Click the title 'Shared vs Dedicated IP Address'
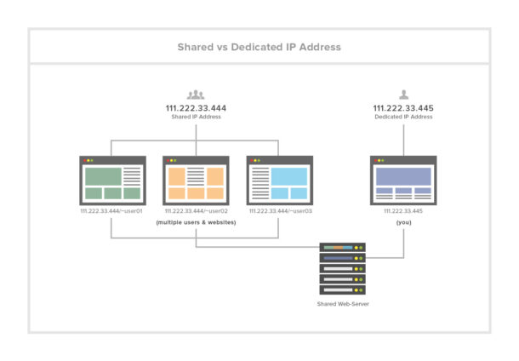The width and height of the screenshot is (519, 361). pyautogui.click(x=259, y=47)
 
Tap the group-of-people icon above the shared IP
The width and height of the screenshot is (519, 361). pyautogui.click(x=196, y=95)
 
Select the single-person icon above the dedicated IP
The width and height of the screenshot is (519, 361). pyautogui.click(x=403, y=95)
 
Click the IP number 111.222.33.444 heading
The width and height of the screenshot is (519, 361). pyautogui.click(x=196, y=108)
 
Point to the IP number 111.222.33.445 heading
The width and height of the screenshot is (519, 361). pyautogui.click(x=403, y=108)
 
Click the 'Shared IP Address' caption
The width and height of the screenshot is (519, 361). pyautogui.click(x=196, y=117)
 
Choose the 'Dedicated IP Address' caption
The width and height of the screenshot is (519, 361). pyautogui.click(x=403, y=117)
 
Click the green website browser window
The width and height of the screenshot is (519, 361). pyautogui.click(x=112, y=180)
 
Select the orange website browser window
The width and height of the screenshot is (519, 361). pyautogui.click(x=196, y=180)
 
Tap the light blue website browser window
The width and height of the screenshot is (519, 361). pyautogui.click(x=279, y=180)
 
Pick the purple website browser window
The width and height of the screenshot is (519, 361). pyautogui.click(x=403, y=180)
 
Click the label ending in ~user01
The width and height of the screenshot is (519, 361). pyautogui.click(x=112, y=210)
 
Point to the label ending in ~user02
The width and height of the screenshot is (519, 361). pyautogui.click(x=196, y=210)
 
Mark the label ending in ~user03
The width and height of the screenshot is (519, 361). pyautogui.click(x=279, y=210)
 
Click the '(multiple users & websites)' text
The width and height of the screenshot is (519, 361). pyautogui.click(x=196, y=221)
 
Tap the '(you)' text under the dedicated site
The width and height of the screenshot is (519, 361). pyautogui.click(x=403, y=221)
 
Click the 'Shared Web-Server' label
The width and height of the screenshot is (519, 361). pyautogui.click(x=342, y=301)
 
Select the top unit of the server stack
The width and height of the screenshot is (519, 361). pyautogui.click(x=342, y=247)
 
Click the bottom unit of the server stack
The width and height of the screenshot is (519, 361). pyautogui.click(x=342, y=289)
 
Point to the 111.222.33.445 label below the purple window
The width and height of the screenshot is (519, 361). pyautogui.click(x=403, y=210)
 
